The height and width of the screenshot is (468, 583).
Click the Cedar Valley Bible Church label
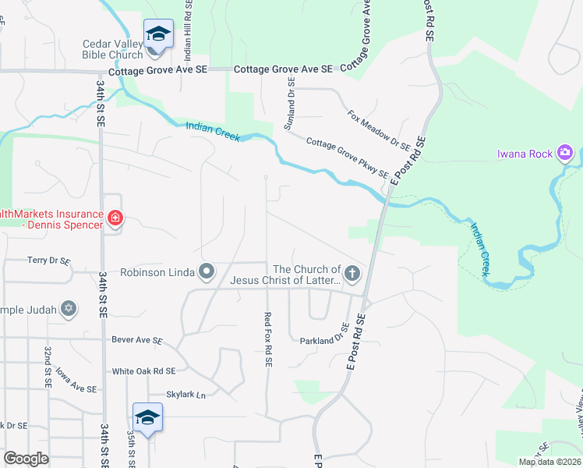113,49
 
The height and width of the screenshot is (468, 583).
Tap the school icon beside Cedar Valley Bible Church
158,34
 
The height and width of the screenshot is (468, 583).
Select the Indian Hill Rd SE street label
188,32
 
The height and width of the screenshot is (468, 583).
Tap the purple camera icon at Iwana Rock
565,153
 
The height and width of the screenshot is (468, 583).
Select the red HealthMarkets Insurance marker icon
115,218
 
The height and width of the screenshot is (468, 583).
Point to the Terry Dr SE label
48,261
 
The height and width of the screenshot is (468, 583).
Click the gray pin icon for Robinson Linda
207,272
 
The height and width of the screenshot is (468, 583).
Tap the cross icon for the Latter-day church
352,273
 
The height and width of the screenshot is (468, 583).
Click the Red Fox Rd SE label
267,339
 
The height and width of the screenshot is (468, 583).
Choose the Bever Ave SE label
136,341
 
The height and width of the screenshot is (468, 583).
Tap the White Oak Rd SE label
143,371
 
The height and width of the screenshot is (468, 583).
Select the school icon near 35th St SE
147,417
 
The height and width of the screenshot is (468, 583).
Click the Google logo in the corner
26,459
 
